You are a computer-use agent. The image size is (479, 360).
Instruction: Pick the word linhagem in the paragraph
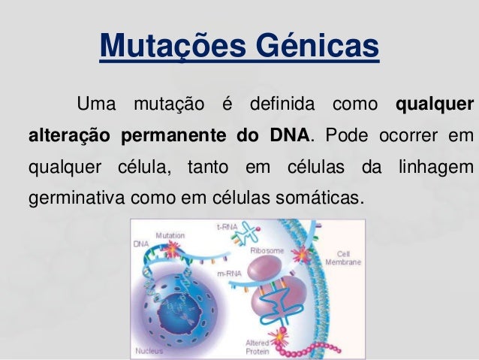(x=435, y=168)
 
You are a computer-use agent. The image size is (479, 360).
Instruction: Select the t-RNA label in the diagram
(x=227, y=225)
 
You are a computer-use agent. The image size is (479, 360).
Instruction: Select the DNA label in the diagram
(x=140, y=244)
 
